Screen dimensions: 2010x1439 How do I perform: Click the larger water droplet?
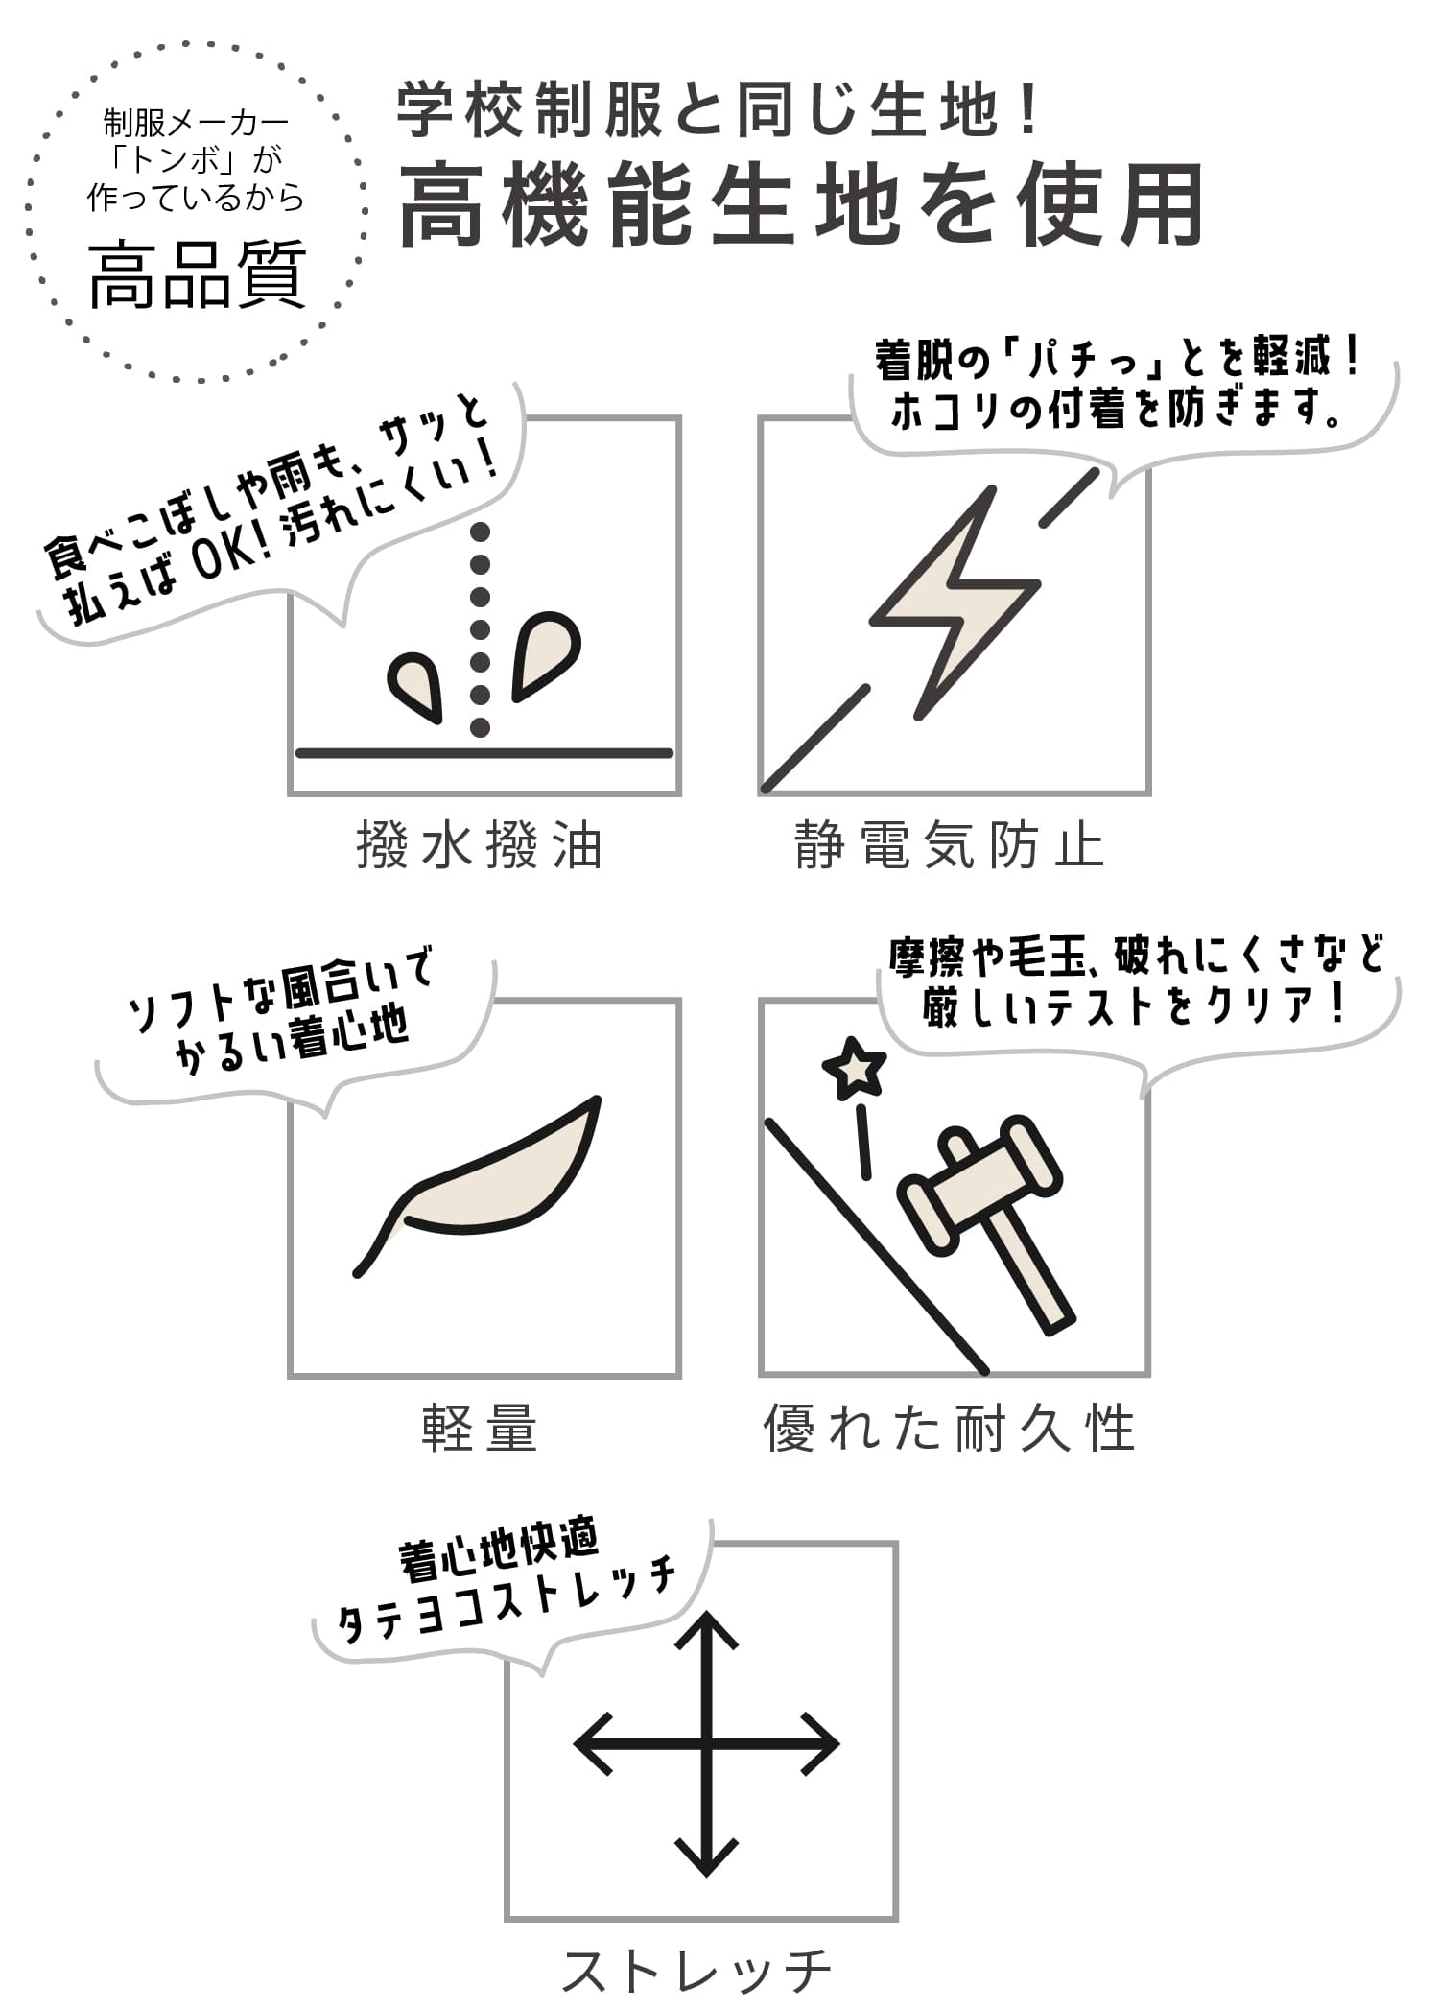click(545, 654)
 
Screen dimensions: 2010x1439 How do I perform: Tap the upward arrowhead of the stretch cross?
click(707, 1631)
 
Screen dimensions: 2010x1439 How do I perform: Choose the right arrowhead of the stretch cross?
click(821, 1745)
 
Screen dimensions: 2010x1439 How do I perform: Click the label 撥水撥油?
click(480, 846)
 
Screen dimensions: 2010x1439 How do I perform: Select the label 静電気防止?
click(950, 846)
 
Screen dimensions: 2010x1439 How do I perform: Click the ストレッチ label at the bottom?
click(696, 1971)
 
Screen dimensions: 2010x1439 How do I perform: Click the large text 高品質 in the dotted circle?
click(198, 276)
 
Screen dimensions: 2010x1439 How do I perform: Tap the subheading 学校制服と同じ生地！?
click(719, 111)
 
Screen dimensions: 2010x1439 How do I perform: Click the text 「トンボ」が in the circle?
click(196, 160)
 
